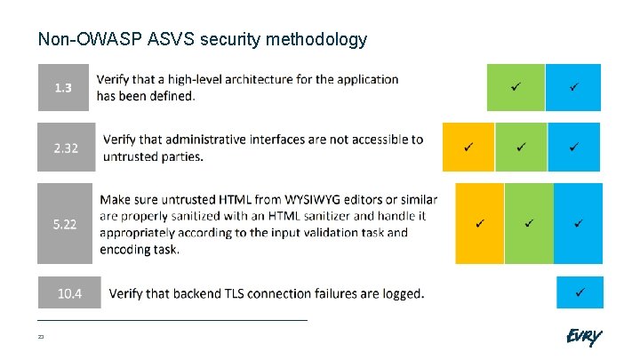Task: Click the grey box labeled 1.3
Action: [64, 87]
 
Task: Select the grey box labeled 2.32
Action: [65, 148]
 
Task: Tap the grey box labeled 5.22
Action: [64, 224]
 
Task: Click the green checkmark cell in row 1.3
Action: [515, 87]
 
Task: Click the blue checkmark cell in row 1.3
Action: [573, 87]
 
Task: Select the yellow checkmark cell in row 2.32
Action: [468, 147]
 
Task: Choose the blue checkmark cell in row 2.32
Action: [574, 147]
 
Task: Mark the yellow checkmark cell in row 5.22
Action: [479, 223]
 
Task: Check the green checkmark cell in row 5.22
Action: [529, 223]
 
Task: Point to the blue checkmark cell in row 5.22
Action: [578, 223]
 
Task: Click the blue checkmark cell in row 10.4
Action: [579, 292]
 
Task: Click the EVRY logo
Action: [583, 337]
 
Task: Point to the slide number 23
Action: [41, 337]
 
